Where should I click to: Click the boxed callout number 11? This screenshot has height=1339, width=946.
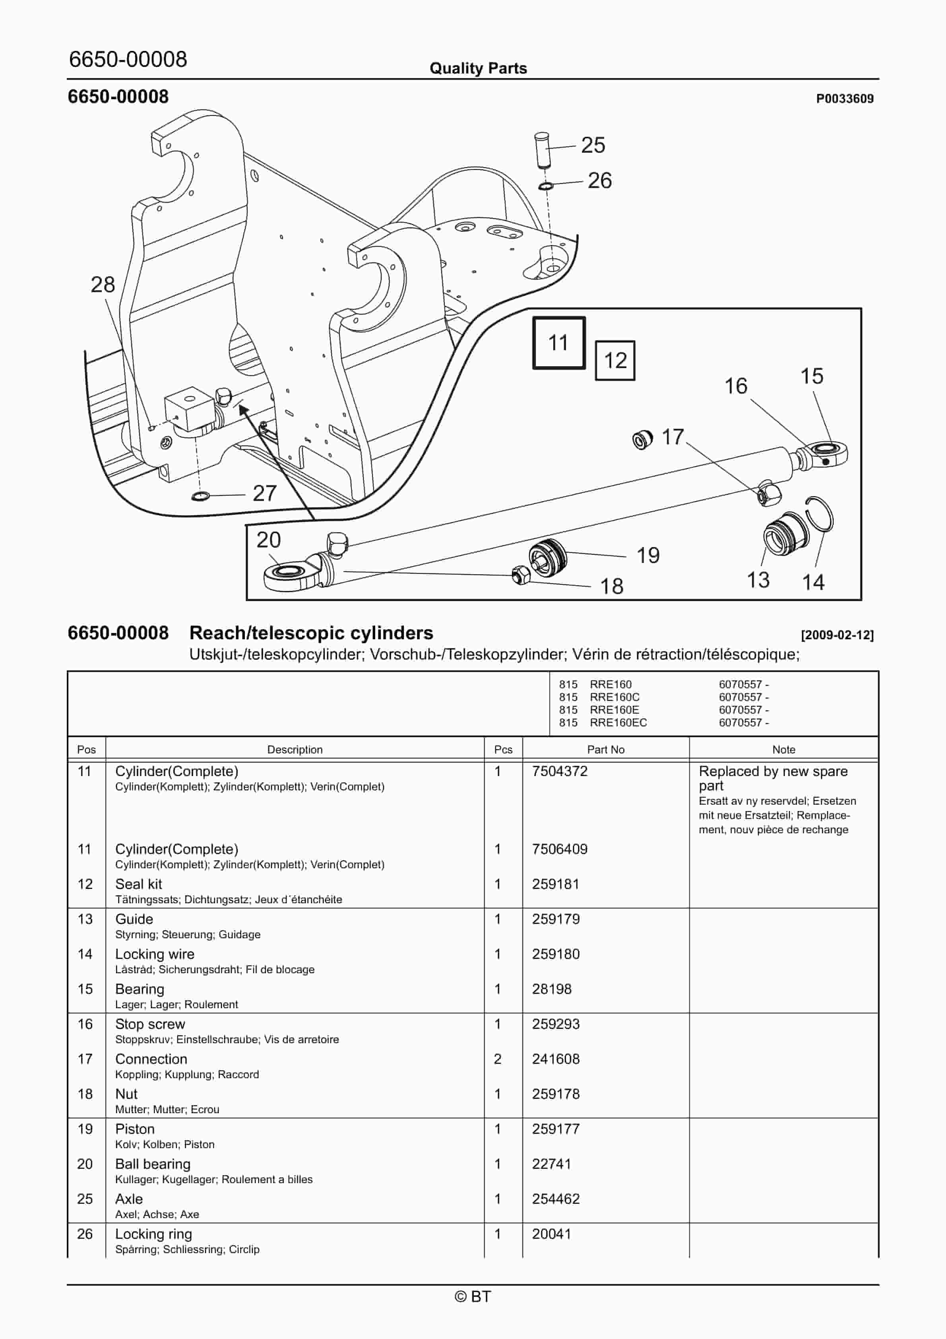558,343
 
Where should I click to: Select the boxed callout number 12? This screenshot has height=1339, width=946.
615,361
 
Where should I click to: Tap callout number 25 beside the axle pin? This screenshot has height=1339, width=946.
593,145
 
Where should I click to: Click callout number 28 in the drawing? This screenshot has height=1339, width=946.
103,285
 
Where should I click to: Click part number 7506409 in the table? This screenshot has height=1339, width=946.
559,849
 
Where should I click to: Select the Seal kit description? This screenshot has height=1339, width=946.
139,884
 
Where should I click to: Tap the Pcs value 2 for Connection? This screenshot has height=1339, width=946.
498,1059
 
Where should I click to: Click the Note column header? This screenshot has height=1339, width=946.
783,749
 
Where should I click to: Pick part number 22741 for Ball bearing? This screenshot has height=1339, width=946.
551,1164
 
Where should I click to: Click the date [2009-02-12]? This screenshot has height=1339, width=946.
837,635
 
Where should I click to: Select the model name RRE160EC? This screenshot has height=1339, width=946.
618,722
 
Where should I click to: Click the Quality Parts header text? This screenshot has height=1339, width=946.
478,68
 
